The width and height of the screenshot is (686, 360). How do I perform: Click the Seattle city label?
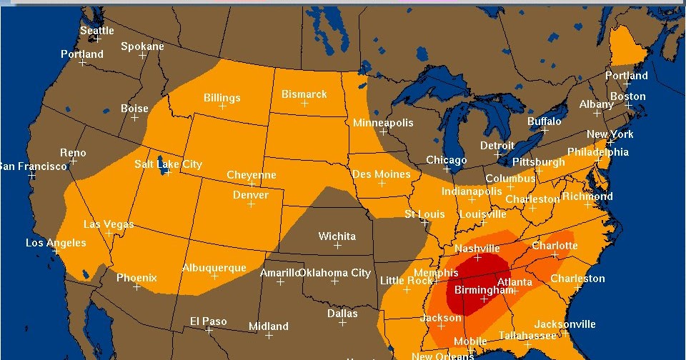(96, 31)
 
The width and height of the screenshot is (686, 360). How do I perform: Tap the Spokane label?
(142, 46)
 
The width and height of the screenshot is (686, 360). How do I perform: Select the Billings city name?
(222, 98)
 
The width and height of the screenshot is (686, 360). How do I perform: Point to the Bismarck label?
(304, 94)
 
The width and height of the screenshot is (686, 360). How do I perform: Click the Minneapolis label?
(383, 123)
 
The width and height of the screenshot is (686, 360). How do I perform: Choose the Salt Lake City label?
(169, 164)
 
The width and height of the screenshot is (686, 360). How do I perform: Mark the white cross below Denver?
(251, 204)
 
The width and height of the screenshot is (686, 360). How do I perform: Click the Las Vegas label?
(109, 224)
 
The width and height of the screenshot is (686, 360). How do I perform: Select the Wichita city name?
(337, 236)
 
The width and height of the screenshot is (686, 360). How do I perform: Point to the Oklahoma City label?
(335, 273)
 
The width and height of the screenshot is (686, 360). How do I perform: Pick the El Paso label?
(208, 321)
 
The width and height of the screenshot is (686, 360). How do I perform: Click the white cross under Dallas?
(342, 323)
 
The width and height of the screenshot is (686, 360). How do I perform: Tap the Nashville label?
(477, 249)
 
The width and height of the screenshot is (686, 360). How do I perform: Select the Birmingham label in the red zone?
(484, 290)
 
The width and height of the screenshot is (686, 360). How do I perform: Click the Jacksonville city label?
(565, 324)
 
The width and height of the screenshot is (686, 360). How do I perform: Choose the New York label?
(610, 134)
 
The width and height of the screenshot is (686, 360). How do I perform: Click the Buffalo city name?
(544, 121)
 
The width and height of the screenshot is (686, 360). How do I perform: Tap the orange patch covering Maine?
(628, 50)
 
